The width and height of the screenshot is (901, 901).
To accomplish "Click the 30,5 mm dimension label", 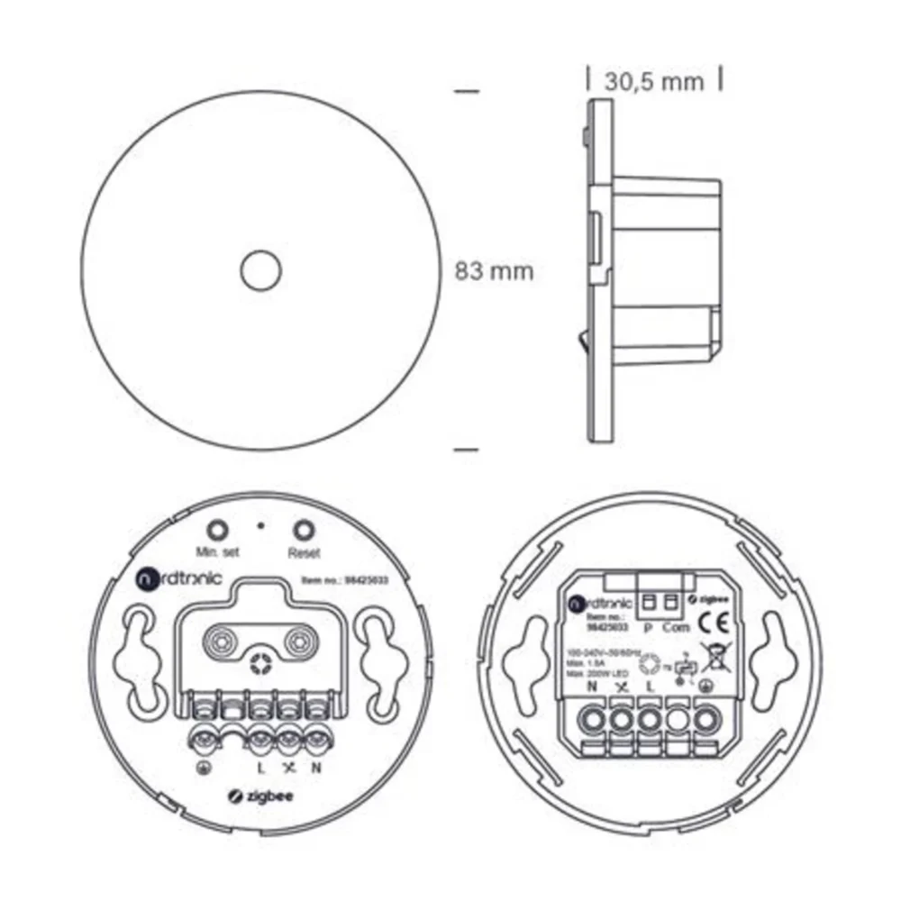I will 654,81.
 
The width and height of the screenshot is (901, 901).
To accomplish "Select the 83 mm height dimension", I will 494,270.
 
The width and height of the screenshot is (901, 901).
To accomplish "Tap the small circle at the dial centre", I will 260,269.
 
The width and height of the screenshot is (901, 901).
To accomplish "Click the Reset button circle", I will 305,530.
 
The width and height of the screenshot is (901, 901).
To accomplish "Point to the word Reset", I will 305,552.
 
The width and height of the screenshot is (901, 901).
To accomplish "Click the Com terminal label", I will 676,628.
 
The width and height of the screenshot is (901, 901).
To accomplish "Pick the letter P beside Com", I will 648,628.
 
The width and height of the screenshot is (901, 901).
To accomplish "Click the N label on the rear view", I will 592,687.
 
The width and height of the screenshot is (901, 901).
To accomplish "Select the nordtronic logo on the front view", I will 171,579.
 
